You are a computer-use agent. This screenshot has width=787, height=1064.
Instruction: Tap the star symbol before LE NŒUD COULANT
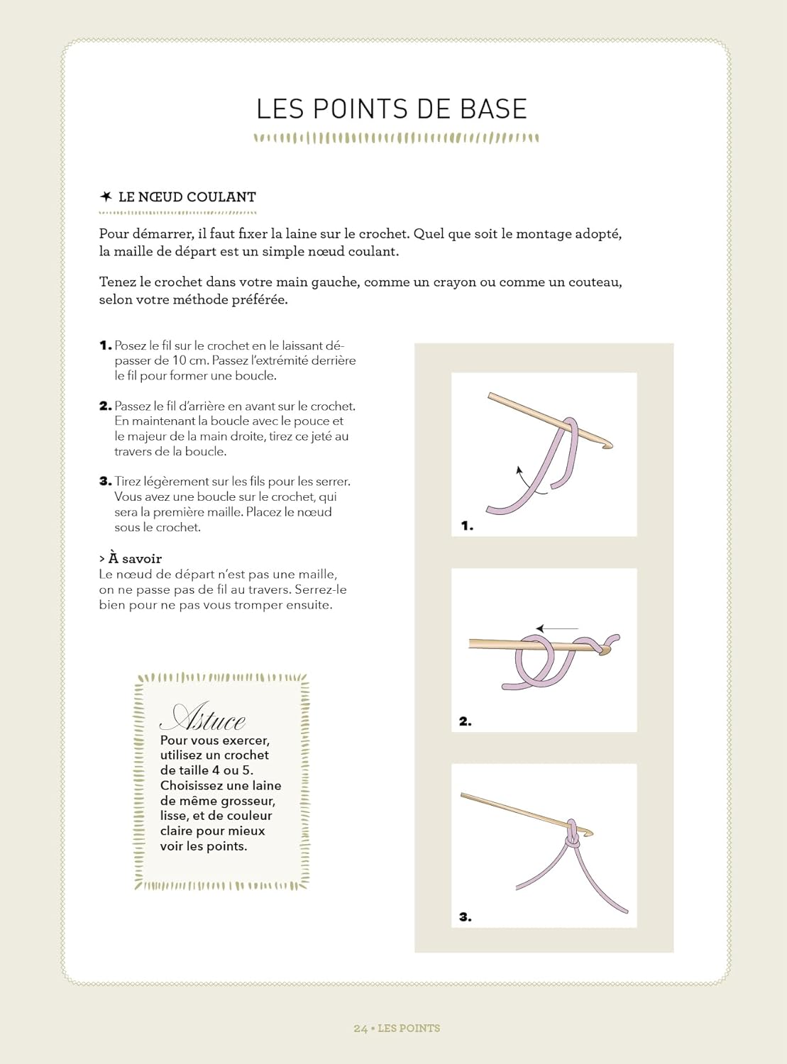(106, 196)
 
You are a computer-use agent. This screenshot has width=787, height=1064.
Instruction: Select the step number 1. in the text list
(105, 346)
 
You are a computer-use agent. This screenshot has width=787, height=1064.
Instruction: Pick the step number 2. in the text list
(105, 406)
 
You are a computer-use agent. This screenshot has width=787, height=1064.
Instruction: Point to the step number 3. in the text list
(105, 482)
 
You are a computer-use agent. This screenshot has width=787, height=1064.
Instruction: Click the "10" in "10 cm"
(180, 360)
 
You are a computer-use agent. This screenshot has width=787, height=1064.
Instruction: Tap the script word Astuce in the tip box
(202, 719)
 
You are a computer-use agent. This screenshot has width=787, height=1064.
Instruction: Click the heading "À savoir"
(134, 559)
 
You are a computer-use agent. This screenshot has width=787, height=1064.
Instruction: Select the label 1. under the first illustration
(467, 526)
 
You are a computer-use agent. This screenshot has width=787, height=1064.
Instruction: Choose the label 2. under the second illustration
(465, 721)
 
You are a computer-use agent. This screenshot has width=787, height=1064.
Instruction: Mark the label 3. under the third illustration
(465, 917)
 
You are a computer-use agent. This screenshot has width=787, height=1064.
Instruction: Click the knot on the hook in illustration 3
(572, 840)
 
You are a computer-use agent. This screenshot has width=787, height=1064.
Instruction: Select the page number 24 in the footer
(361, 1029)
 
